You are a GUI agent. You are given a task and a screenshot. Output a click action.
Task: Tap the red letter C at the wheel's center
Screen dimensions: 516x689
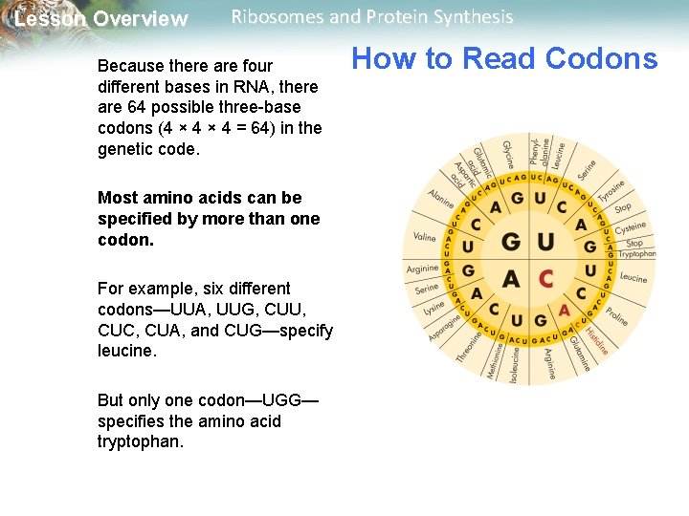545,278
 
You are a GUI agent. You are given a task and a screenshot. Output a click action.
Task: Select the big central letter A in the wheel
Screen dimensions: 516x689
511,278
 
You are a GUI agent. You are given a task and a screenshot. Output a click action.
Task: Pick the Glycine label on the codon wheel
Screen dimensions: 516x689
508,152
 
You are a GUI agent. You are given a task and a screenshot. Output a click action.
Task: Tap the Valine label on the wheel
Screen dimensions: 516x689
424,236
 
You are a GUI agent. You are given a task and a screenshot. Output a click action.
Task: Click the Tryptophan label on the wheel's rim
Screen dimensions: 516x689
636,254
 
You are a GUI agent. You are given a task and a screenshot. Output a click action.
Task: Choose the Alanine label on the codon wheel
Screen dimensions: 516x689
440,198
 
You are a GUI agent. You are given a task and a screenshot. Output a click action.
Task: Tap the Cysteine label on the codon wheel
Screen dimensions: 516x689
631,227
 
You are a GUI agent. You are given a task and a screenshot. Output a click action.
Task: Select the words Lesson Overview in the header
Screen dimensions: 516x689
101,19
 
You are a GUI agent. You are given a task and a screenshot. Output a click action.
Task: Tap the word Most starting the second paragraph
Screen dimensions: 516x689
118,198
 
